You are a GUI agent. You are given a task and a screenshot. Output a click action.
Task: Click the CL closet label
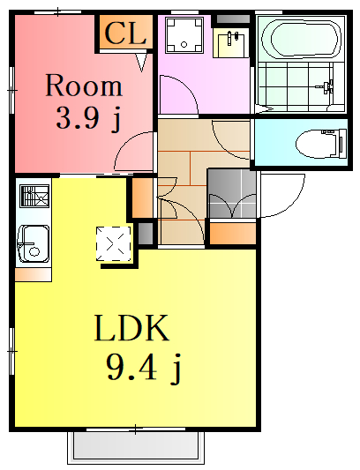coord(125,33)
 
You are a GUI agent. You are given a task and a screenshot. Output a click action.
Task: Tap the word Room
coord(84,86)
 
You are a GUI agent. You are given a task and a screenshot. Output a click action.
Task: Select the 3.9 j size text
coord(88,118)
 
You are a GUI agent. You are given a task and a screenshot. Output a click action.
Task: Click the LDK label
coord(131,328)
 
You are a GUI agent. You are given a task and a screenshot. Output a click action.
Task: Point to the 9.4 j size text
coord(144,369)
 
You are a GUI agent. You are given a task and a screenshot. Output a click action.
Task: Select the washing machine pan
coord(184,34)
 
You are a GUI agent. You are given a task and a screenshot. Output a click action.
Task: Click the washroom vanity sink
coord(231,42)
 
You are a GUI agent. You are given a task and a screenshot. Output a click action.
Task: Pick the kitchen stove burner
coord(34,196)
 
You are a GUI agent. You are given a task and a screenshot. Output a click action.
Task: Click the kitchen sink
coord(34,243)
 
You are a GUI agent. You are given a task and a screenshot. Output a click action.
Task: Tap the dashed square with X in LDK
coord(114,243)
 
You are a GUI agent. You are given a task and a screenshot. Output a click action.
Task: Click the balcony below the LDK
coord(136,448)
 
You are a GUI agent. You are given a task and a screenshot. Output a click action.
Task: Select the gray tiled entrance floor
coord(231,193)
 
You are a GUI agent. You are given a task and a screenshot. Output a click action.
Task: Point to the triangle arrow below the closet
coord(141,63)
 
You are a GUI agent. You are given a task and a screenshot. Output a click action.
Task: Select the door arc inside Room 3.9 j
coord(127,144)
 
